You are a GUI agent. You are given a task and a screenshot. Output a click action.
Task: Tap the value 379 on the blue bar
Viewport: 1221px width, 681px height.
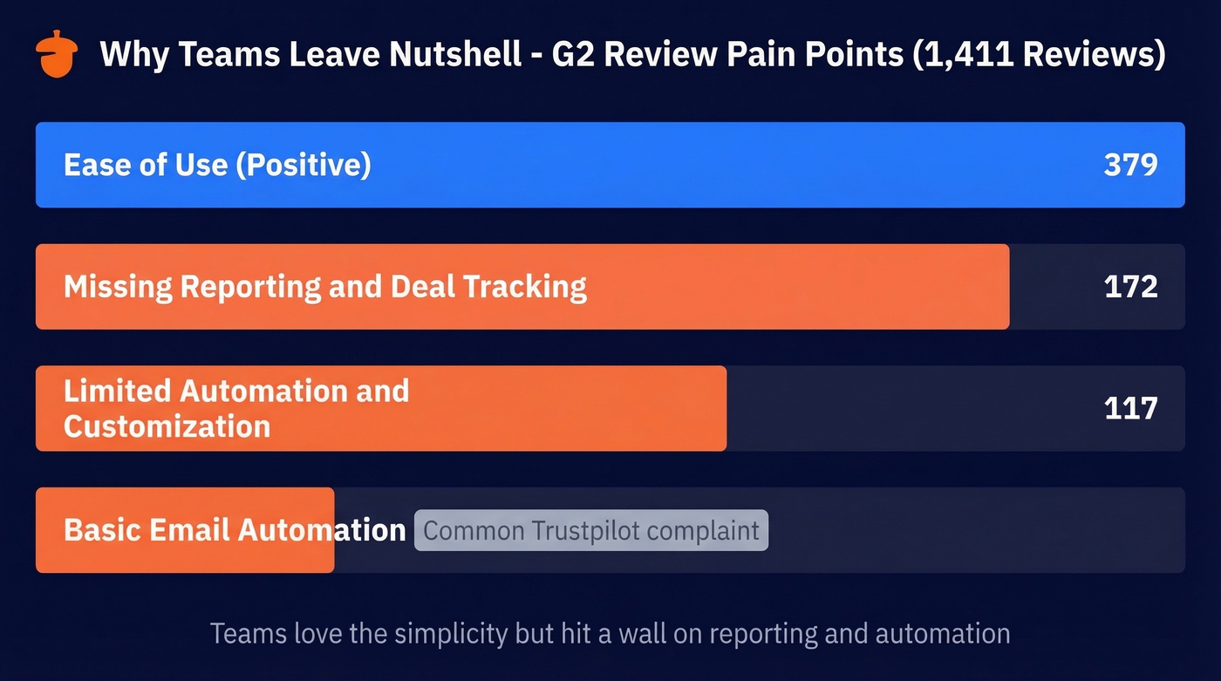point(1130,165)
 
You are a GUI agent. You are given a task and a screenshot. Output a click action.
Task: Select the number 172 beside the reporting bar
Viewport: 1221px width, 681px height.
point(1130,287)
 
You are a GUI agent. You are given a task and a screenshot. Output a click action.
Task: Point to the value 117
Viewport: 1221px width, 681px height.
point(1130,408)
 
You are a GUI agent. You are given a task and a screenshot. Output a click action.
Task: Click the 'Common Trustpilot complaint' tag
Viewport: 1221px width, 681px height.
point(591,531)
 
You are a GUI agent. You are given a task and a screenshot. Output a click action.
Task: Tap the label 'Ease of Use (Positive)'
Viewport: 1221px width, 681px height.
point(217,165)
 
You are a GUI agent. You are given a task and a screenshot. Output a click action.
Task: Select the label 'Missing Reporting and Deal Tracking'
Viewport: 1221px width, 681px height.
point(324,287)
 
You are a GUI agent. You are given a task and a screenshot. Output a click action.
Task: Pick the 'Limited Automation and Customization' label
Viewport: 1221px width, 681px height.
point(236,408)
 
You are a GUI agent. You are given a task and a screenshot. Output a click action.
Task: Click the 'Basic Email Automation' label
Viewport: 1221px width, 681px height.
point(235,530)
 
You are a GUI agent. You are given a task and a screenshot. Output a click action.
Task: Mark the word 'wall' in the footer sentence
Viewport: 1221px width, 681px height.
point(644,633)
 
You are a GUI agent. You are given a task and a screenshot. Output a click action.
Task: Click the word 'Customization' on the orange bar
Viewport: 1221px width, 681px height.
point(167,426)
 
